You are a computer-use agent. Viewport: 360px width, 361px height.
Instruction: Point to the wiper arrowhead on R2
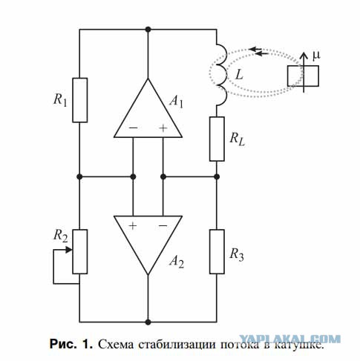coord(69,250)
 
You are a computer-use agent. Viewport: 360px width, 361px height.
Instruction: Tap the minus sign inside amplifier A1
coord(133,127)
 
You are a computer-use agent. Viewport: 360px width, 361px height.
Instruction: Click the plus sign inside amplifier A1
coord(163,128)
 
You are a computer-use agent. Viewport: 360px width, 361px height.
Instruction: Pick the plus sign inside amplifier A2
coord(133,225)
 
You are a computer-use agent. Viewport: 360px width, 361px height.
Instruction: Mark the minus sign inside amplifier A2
coord(163,225)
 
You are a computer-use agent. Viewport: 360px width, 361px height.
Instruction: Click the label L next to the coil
coord(239,74)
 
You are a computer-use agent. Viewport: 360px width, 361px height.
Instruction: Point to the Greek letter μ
coord(316,56)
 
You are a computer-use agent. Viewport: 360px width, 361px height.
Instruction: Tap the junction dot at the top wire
coord(148,30)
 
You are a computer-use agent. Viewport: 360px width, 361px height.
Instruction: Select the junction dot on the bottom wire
coord(148,322)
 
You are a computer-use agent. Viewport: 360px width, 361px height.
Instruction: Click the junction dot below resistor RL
coord(217,176)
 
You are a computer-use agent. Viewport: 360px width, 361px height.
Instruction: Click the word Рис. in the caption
coord(63,344)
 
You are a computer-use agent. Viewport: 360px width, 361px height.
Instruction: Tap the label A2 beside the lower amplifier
coord(177,261)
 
